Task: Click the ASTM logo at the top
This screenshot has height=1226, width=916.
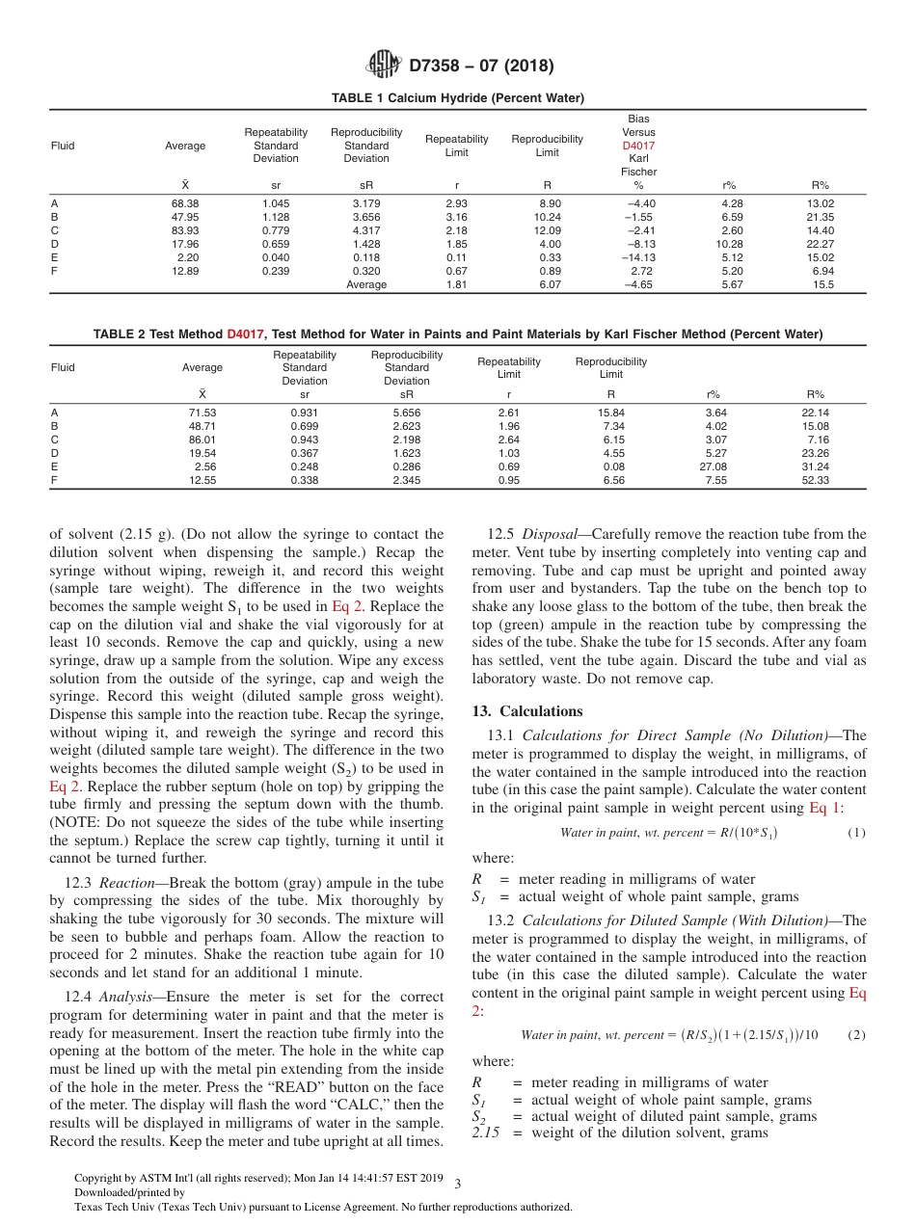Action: click(x=385, y=66)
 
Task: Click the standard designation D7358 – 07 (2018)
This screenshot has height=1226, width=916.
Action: click(x=481, y=67)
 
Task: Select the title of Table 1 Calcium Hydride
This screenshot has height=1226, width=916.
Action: click(x=457, y=98)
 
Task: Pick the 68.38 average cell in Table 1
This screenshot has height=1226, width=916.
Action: click(x=185, y=203)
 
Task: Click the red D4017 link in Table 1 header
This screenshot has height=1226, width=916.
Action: click(x=638, y=146)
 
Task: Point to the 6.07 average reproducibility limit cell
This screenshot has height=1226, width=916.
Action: click(x=547, y=284)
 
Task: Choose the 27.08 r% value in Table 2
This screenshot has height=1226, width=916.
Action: click(x=715, y=466)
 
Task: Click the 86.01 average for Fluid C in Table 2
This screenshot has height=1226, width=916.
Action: click(x=202, y=440)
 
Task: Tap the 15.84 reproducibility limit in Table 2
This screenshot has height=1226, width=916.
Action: click(x=611, y=413)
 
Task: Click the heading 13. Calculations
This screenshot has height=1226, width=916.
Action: click(x=527, y=711)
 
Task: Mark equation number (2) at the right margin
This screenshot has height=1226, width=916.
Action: click(x=856, y=1035)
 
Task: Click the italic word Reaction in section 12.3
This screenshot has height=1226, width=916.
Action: click(x=123, y=883)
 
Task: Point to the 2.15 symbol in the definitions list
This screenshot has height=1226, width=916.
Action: click(x=486, y=1133)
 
